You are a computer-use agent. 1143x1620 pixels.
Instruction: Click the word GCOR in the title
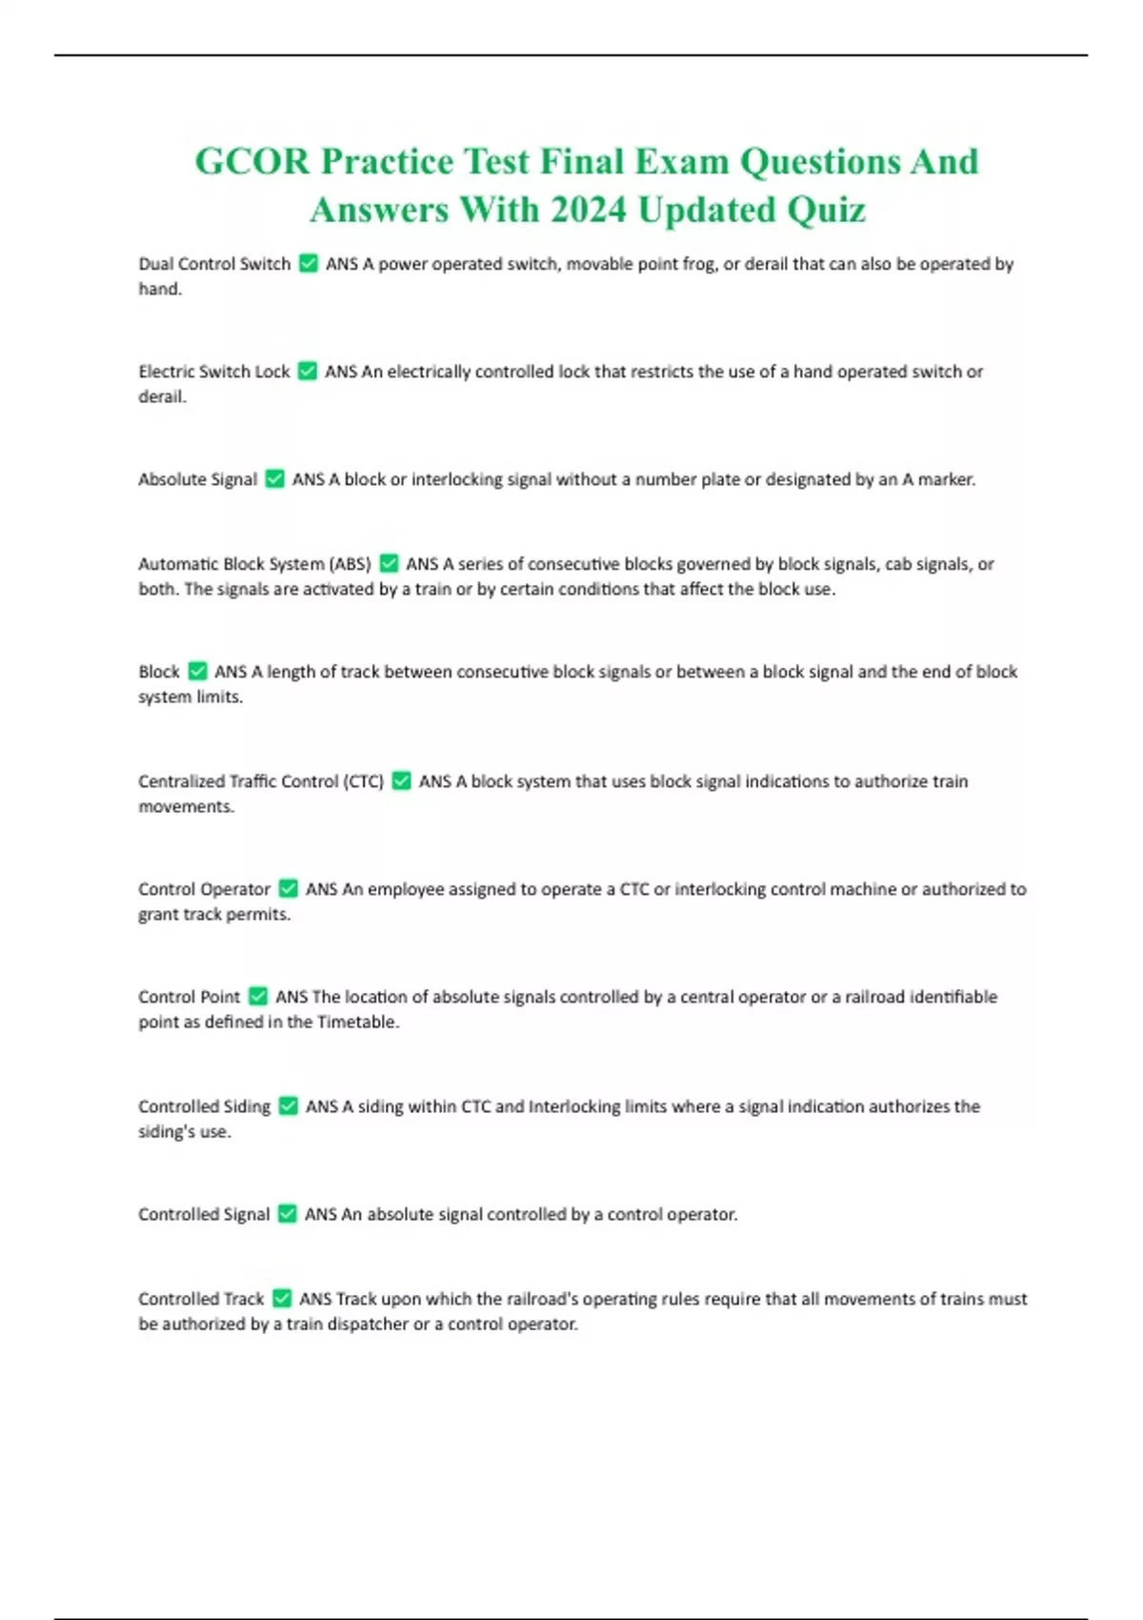click(252, 162)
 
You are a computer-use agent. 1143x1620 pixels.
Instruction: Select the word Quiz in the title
click(826, 210)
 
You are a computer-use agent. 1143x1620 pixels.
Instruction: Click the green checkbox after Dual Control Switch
click(308, 264)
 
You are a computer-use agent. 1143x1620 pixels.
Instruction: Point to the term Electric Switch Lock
click(213, 372)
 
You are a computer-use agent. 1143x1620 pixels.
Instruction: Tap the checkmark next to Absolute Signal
click(274, 479)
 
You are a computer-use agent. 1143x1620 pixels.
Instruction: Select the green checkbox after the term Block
click(197, 672)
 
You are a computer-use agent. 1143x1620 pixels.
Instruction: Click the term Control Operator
click(204, 889)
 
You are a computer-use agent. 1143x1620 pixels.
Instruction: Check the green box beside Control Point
click(257, 997)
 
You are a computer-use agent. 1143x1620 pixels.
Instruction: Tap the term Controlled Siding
click(204, 1106)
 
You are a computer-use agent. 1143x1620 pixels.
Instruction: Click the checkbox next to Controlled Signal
click(287, 1214)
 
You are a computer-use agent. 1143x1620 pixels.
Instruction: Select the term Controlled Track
click(201, 1299)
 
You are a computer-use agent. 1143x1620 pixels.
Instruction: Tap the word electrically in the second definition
click(429, 372)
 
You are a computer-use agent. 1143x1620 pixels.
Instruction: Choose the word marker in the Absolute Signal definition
click(946, 479)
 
